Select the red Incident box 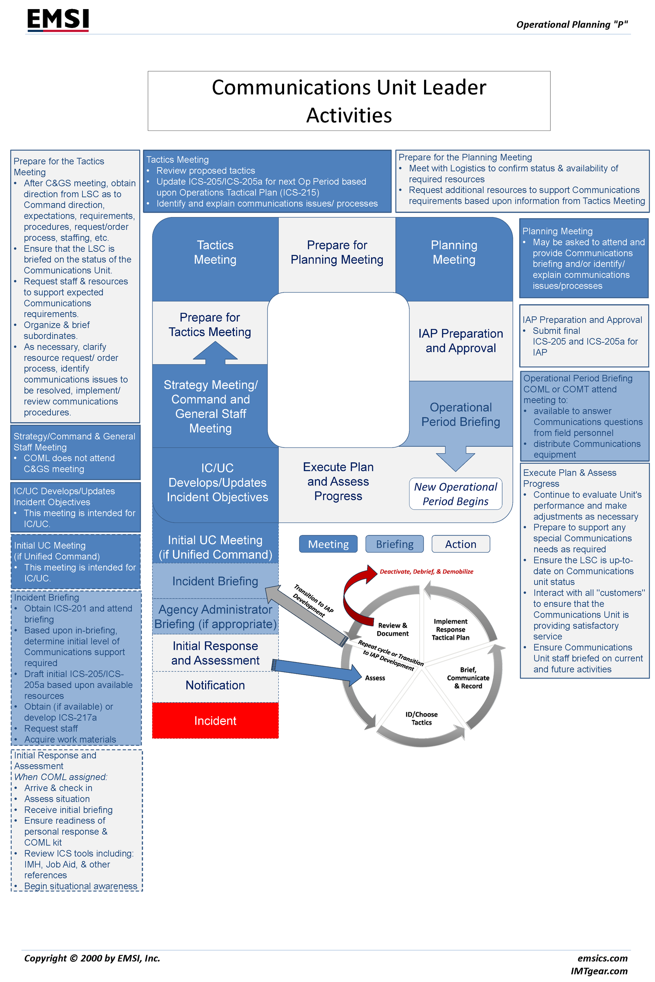[x=215, y=721]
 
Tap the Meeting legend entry [x=328, y=544]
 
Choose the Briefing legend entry [x=394, y=544]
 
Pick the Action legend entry [x=460, y=544]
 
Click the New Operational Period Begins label [x=455, y=494]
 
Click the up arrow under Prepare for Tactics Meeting [x=215, y=352]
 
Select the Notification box [x=215, y=685]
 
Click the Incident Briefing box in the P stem [x=215, y=581]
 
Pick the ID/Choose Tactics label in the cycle [x=421, y=718]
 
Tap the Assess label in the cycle [x=375, y=678]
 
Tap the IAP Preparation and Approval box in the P [x=460, y=341]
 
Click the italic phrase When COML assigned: [x=61, y=777]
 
